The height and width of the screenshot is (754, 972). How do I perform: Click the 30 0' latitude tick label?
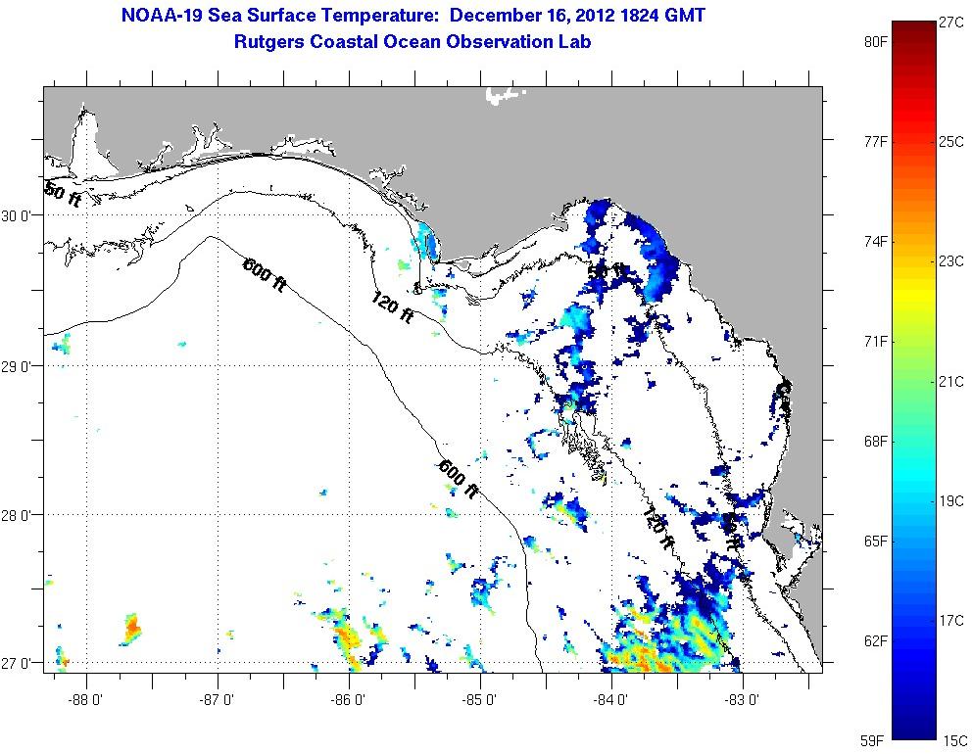(22, 215)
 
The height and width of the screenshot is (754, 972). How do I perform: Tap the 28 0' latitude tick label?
(22, 515)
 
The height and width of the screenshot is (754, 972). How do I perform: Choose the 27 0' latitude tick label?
(22, 663)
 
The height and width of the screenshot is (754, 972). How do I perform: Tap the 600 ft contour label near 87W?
(264, 273)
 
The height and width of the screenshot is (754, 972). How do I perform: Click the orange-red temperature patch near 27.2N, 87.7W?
(131, 627)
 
